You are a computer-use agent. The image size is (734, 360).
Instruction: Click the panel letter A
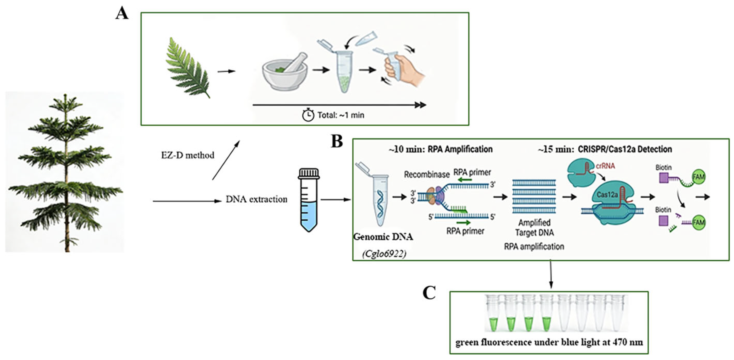[122, 13]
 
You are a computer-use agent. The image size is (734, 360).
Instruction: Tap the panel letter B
[337, 141]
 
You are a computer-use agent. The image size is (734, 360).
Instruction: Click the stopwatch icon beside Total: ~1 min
[308, 115]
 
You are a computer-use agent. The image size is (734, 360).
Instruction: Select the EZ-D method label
[187, 155]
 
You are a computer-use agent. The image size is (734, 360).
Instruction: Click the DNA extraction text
[256, 199]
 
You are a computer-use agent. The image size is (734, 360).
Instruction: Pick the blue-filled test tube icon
[309, 200]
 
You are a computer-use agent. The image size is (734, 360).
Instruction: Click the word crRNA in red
[605, 165]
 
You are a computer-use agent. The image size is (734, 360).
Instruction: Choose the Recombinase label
[427, 175]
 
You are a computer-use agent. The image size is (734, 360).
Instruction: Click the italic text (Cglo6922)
[384, 254]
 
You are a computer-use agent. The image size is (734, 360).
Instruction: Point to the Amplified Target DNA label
[534, 227]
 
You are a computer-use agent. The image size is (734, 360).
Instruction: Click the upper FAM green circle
[699, 177]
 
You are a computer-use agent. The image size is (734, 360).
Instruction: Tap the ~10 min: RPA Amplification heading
[441, 149]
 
